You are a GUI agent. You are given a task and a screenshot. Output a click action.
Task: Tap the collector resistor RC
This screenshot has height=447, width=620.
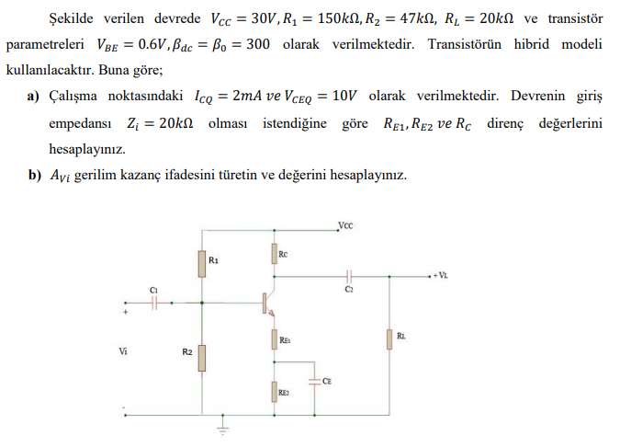[273, 254]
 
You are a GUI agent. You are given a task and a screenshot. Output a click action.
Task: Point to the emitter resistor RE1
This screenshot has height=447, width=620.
[273, 340]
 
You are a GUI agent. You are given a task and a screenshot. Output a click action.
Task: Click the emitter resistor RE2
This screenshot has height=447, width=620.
[273, 393]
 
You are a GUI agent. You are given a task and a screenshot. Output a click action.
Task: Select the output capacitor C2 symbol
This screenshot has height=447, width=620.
[349, 274]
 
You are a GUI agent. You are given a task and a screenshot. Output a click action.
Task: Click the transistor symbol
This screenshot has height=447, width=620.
[266, 303]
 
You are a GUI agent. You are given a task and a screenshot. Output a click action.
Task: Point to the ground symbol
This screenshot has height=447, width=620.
[221, 425]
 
